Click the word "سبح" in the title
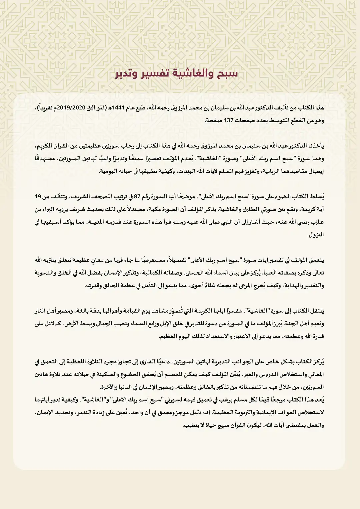coord(228,73)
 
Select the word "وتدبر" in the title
coord(127,73)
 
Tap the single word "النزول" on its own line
coord(316,235)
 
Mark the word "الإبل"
coord(171,324)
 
